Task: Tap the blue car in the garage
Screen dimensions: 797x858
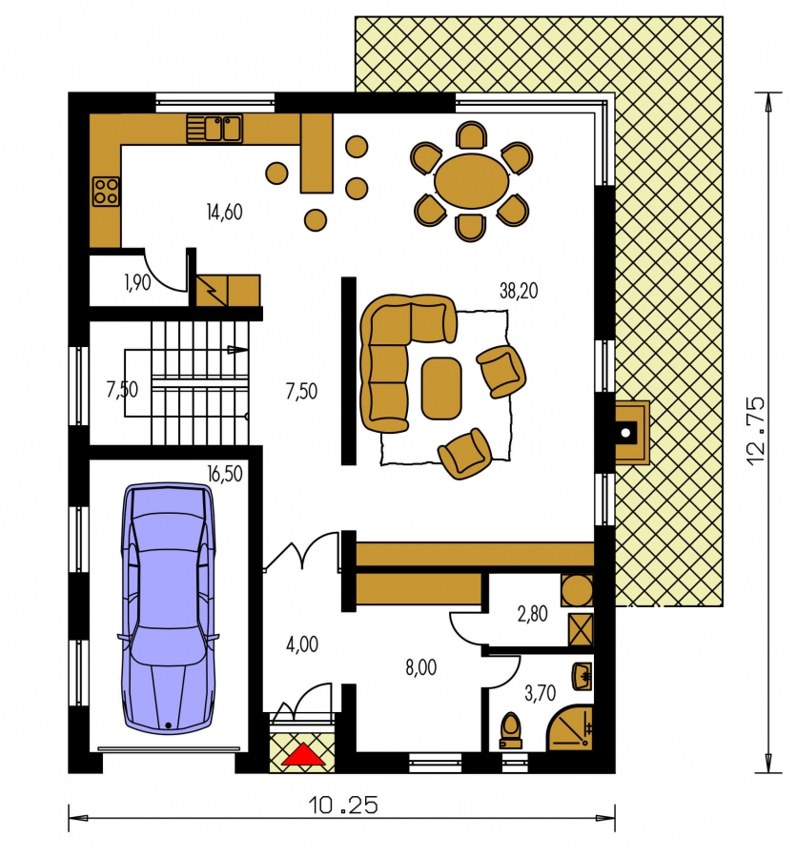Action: point(168,607)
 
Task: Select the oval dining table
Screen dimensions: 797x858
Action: point(471,180)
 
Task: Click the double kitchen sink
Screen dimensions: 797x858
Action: point(215,129)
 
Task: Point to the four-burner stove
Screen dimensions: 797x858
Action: point(106,192)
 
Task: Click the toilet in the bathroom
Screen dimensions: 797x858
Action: point(510,730)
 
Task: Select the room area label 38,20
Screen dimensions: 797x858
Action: point(519,291)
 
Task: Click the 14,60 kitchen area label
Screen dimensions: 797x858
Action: point(224,212)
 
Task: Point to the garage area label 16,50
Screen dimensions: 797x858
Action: point(224,473)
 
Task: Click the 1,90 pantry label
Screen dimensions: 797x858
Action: point(137,283)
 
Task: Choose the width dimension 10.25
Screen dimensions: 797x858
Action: point(342,806)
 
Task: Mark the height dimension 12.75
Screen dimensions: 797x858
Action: point(755,431)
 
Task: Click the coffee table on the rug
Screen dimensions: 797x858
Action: point(441,388)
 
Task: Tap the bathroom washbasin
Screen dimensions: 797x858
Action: point(582,677)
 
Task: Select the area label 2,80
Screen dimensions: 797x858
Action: point(532,614)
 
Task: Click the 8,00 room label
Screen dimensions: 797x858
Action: point(421,667)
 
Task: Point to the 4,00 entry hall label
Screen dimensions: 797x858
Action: point(301,644)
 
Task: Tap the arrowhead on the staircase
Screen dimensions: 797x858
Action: point(236,349)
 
